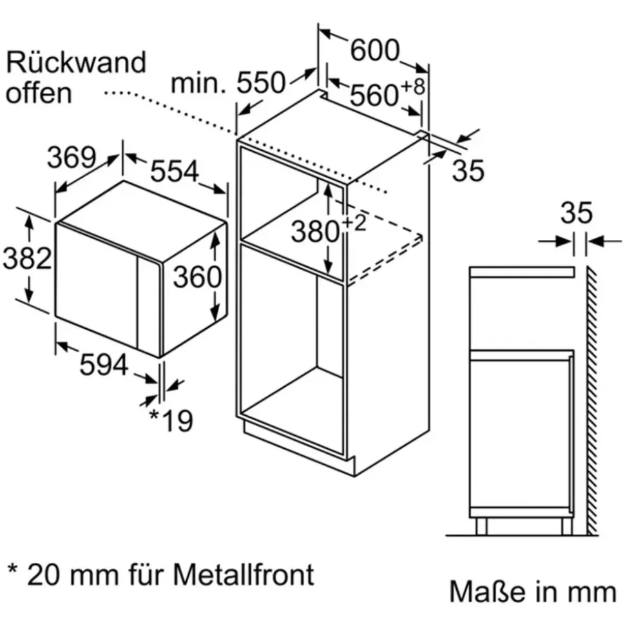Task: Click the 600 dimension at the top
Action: click(375, 50)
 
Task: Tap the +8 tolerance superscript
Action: click(412, 87)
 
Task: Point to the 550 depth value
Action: click(262, 83)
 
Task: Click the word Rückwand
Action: click(76, 63)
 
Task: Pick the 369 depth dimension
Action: click(72, 157)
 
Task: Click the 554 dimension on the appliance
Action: click(175, 171)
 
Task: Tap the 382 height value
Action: click(27, 258)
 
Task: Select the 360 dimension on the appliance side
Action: click(197, 277)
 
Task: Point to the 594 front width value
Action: click(104, 364)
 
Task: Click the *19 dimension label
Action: click(171, 420)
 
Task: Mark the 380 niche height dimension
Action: click(315, 231)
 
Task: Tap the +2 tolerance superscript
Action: click(354, 223)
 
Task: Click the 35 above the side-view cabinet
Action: click(576, 213)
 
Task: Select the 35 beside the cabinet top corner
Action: click(468, 170)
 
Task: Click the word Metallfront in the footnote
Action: click(244, 575)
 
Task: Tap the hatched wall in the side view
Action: click(592, 400)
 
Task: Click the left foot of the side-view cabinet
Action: click(481, 527)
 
